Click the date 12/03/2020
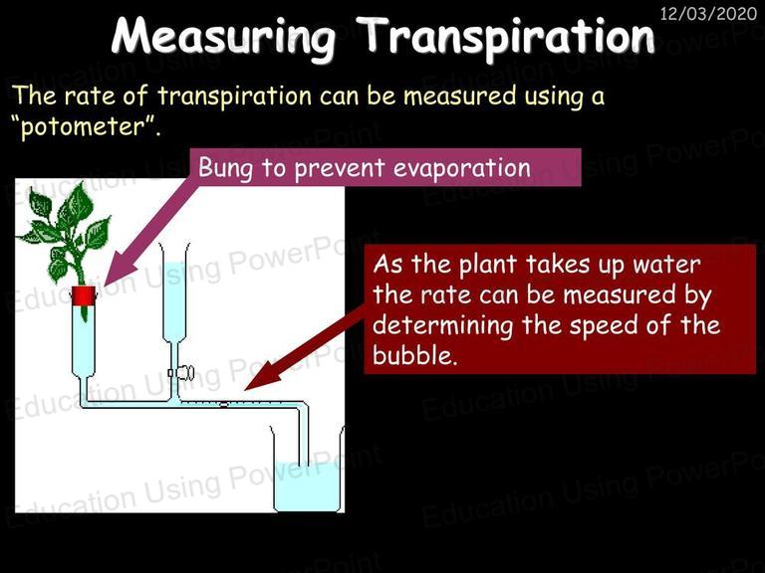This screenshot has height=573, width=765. click(708, 13)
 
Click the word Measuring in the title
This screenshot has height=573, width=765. click(224, 37)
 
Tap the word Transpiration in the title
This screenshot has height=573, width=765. click(508, 37)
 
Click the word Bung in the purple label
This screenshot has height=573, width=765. click(225, 168)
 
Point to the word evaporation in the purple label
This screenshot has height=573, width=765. click(462, 168)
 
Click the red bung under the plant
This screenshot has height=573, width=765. click(84, 295)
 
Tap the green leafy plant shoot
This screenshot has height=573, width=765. click(66, 234)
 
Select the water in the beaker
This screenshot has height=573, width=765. click(307, 486)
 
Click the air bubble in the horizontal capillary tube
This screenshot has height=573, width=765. click(224, 404)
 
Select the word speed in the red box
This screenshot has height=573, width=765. click(605, 326)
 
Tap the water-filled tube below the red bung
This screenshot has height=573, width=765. click(83, 341)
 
